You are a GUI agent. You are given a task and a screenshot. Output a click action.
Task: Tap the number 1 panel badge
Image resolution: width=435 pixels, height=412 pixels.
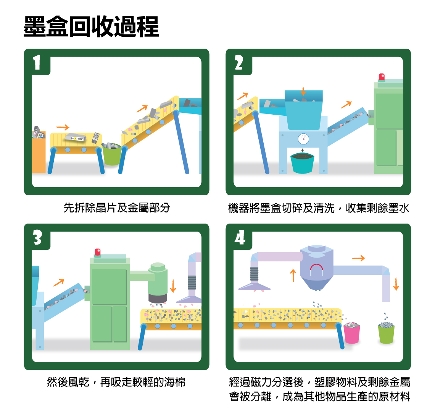pos(37,62)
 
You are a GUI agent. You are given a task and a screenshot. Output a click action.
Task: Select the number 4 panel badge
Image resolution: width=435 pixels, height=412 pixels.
pos(240,237)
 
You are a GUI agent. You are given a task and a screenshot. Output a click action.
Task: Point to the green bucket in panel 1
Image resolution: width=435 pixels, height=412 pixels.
pos(112,154)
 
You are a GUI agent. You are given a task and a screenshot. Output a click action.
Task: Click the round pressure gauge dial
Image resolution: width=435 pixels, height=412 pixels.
pos(303,139)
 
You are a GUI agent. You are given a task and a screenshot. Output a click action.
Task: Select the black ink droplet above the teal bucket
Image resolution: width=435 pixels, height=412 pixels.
pos(302,150)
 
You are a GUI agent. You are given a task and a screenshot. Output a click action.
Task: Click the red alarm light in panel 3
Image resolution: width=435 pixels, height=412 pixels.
pos(98,252)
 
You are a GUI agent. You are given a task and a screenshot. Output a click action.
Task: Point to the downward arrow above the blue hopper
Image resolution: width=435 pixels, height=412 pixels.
pos(303,91)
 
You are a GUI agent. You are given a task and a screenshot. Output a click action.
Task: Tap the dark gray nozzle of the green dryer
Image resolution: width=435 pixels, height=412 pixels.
pos(158,298)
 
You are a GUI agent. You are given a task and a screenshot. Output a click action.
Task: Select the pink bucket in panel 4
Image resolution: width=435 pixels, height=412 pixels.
pos(352,333)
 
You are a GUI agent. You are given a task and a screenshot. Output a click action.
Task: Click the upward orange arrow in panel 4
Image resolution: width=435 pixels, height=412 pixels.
pos(293,275)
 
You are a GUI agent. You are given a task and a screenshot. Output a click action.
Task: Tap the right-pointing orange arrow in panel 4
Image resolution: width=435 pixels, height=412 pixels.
pos(358,258)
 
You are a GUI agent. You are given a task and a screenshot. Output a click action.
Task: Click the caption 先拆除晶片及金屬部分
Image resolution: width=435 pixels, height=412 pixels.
pos(117,208)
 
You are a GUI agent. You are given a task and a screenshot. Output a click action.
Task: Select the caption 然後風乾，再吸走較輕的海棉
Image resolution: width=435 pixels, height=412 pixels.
pos(116,382)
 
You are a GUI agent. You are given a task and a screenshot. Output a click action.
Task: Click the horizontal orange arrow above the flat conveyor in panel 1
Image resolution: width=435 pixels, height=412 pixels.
pos(63,127)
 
